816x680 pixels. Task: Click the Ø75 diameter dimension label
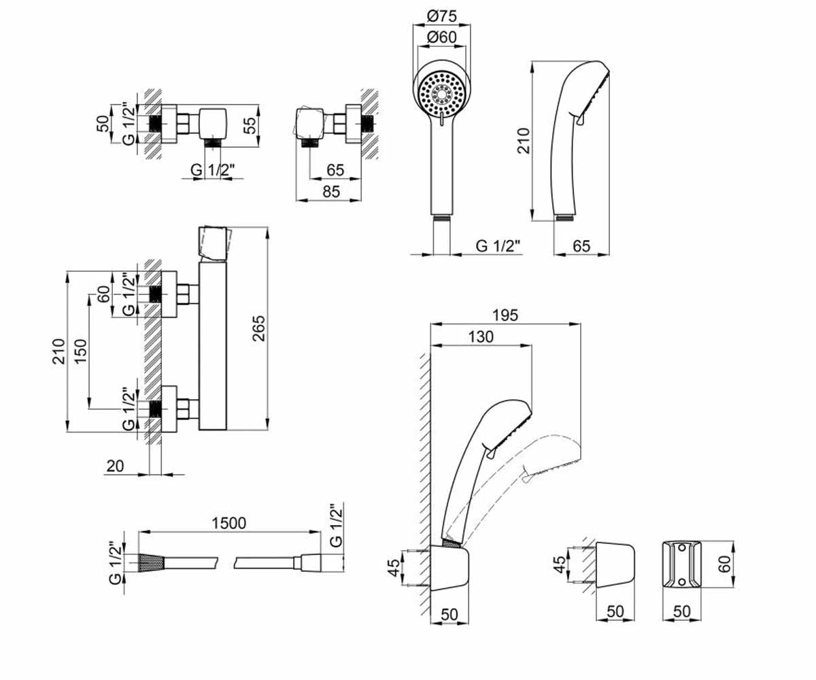click(441, 16)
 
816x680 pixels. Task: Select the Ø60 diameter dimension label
click(441, 37)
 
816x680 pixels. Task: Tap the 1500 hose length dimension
click(228, 524)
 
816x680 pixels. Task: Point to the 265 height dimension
click(258, 328)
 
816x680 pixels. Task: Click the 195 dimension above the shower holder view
click(505, 316)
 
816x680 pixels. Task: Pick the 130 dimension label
click(481, 337)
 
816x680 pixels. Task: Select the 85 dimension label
click(331, 192)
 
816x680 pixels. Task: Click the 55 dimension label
click(250, 125)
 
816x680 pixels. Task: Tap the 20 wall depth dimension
click(115, 466)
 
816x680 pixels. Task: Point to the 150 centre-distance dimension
click(80, 352)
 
